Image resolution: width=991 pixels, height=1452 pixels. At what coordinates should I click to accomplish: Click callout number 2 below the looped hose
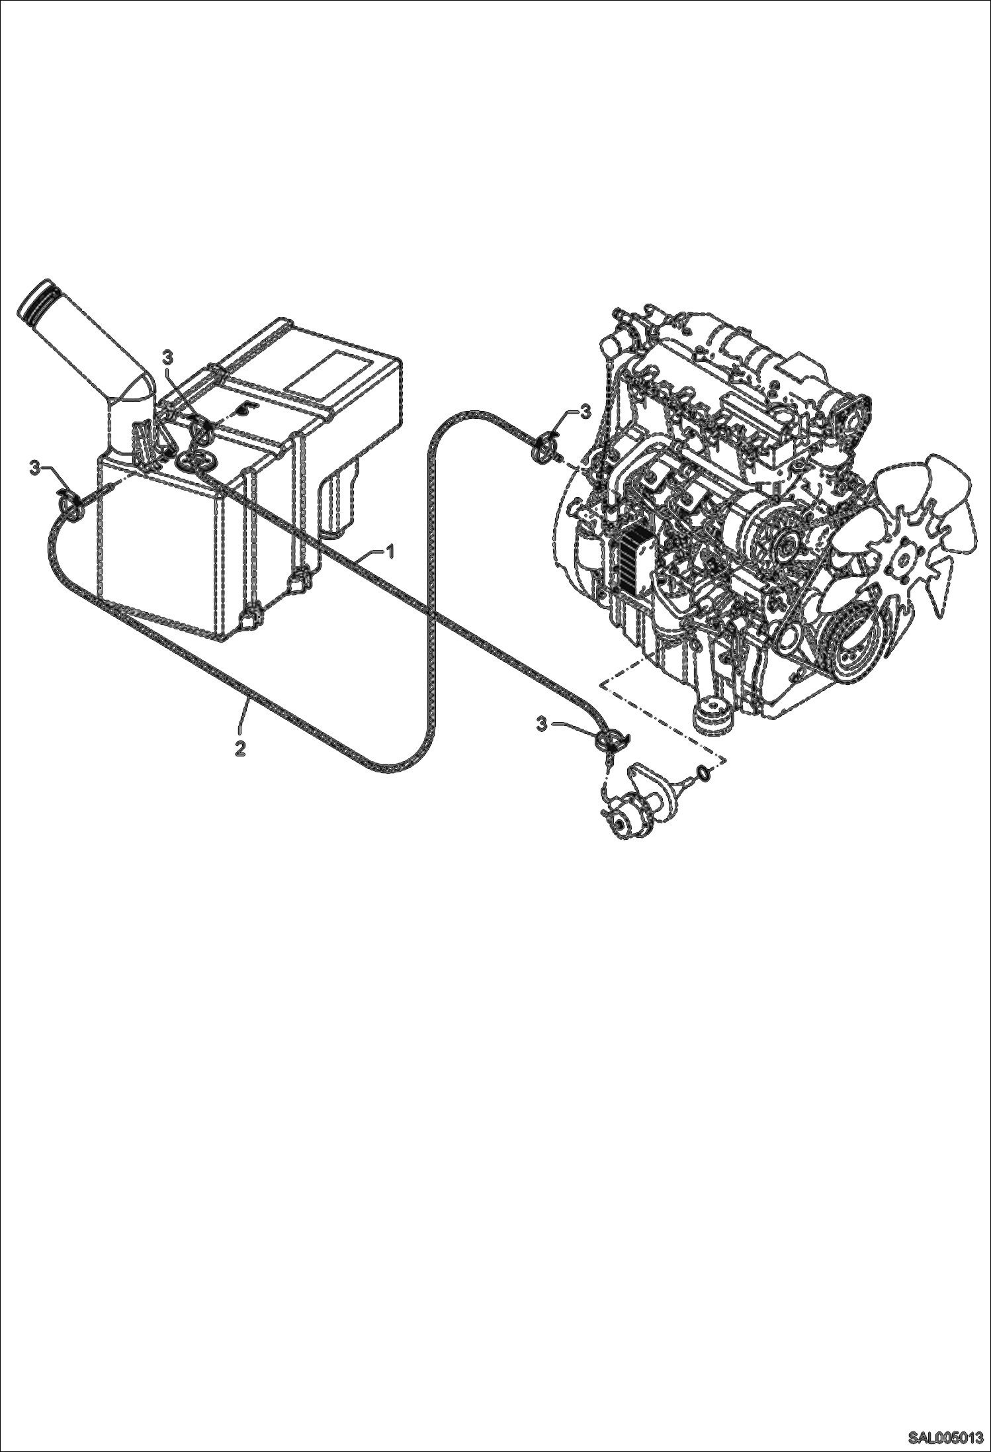point(240,749)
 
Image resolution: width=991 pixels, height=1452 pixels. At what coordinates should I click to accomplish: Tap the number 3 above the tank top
point(168,357)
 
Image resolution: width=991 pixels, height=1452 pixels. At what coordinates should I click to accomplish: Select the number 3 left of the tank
point(34,468)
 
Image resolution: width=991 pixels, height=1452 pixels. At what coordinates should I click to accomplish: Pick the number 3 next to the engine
point(584,412)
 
